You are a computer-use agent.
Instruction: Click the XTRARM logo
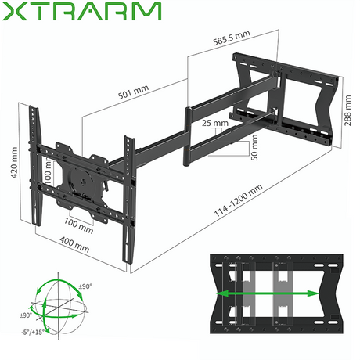tap(83, 13)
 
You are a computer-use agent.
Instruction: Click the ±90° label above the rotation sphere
tap(84, 286)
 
